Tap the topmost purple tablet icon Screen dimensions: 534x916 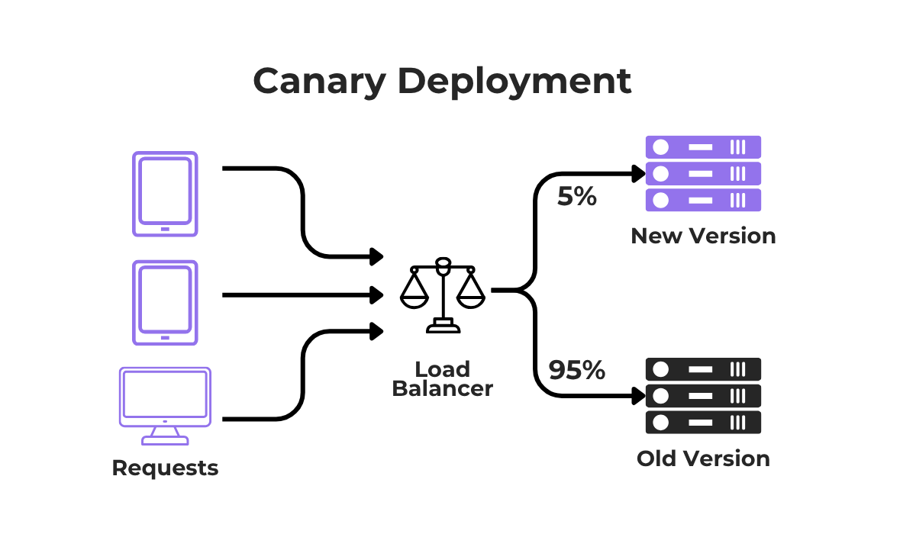165,194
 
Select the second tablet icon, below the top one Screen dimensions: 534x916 165,303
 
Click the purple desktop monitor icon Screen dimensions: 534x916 165,396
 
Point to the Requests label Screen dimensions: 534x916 165,468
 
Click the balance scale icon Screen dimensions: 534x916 443,294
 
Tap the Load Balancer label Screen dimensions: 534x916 443,379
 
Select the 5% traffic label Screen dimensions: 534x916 576,197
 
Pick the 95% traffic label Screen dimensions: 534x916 576,370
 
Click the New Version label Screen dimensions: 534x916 703,236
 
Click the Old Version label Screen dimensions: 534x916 703,458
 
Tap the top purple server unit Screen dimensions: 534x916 703,147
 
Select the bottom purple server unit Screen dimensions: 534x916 703,200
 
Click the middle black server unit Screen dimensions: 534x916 703,396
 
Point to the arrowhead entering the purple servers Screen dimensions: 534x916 639,174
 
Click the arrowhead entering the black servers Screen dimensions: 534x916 639,396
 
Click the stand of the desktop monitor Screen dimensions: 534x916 165,436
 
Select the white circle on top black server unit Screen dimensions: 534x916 661,370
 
